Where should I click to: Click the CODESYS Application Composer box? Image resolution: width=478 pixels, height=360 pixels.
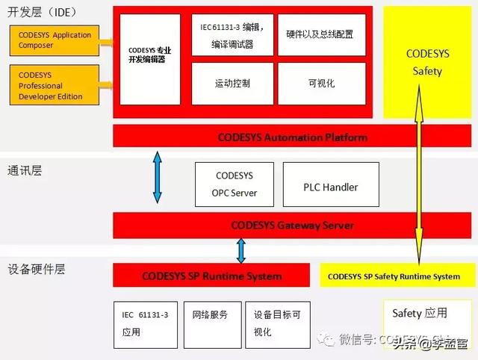pyautogui.click(x=58, y=40)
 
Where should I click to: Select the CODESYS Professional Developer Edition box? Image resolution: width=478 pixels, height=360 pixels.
pyautogui.click(x=58, y=85)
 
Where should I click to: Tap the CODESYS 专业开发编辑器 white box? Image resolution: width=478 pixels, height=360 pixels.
pyautogui.click(x=150, y=59)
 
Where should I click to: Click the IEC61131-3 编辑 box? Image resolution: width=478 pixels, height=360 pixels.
pyautogui.click(x=232, y=35)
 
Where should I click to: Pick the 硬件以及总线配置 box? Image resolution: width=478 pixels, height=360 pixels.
pyautogui.click(x=320, y=35)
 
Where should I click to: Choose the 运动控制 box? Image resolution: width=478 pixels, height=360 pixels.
pyautogui.click(x=232, y=83)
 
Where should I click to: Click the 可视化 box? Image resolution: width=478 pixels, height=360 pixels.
pyautogui.click(x=320, y=83)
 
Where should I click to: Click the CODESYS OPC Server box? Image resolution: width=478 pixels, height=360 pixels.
pyautogui.click(x=234, y=184)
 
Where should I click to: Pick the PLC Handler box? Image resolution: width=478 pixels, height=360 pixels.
pyautogui.click(x=330, y=187)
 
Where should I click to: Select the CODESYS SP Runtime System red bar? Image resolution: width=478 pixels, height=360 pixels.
pyautogui.click(x=212, y=276)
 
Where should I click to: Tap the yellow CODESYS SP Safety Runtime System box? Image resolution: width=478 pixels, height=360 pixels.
pyautogui.click(x=394, y=276)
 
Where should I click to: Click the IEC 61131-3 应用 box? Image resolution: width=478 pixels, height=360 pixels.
pyautogui.click(x=145, y=323)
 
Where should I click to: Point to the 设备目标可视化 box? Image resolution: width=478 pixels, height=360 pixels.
pyautogui.click(x=277, y=323)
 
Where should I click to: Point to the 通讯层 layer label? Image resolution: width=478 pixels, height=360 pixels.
pyautogui.click(x=25, y=170)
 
